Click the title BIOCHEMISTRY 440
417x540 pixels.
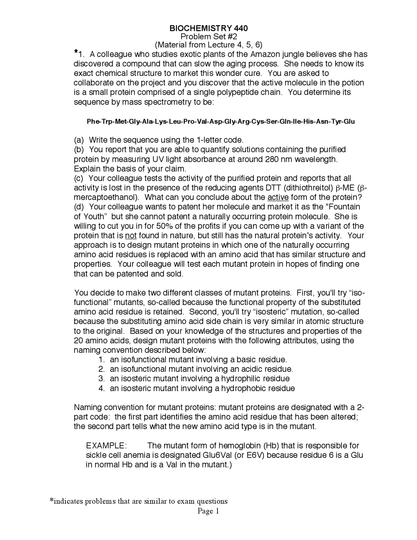click(x=208, y=28)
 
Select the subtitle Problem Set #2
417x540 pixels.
click(x=208, y=37)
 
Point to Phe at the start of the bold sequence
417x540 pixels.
click(x=93, y=122)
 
